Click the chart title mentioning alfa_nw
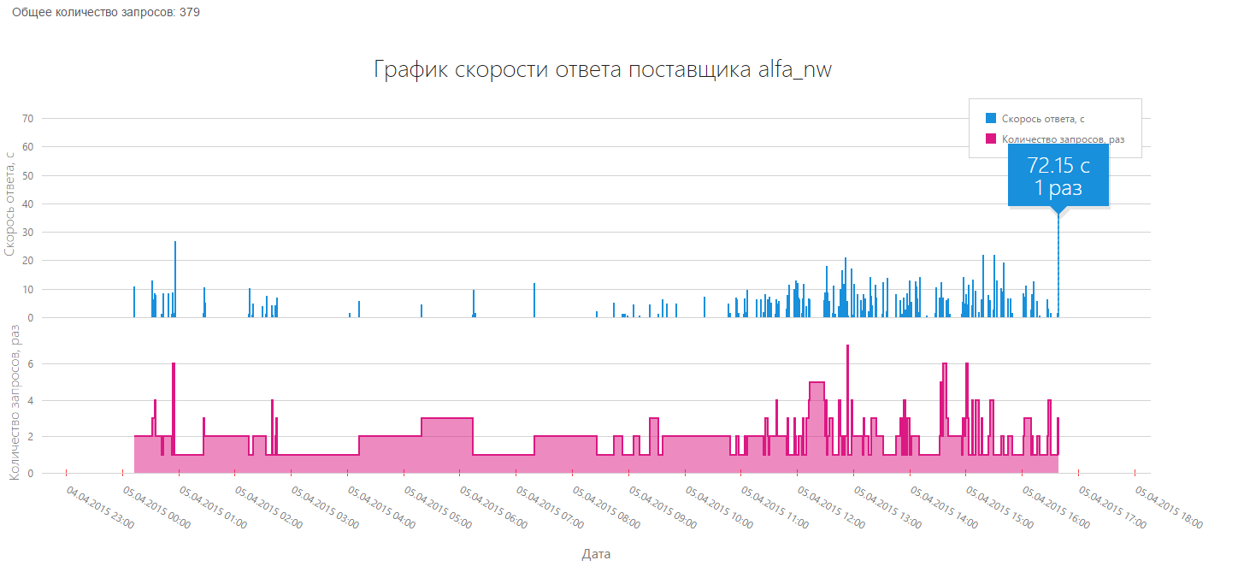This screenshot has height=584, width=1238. click(x=603, y=70)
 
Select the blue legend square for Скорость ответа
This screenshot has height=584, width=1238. click(x=991, y=118)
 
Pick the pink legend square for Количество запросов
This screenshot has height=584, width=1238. click(x=991, y=139)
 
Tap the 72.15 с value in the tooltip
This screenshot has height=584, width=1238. click(x=1058, y=166)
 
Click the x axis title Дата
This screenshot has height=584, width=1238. click(x=596, y=554)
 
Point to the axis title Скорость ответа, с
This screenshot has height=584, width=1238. click(x=10, y=204)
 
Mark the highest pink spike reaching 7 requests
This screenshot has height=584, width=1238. click(x=847, y=359)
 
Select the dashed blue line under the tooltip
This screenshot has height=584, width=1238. click(x=1058, y=265)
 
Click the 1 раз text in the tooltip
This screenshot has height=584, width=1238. click(x=1058, y=188)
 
